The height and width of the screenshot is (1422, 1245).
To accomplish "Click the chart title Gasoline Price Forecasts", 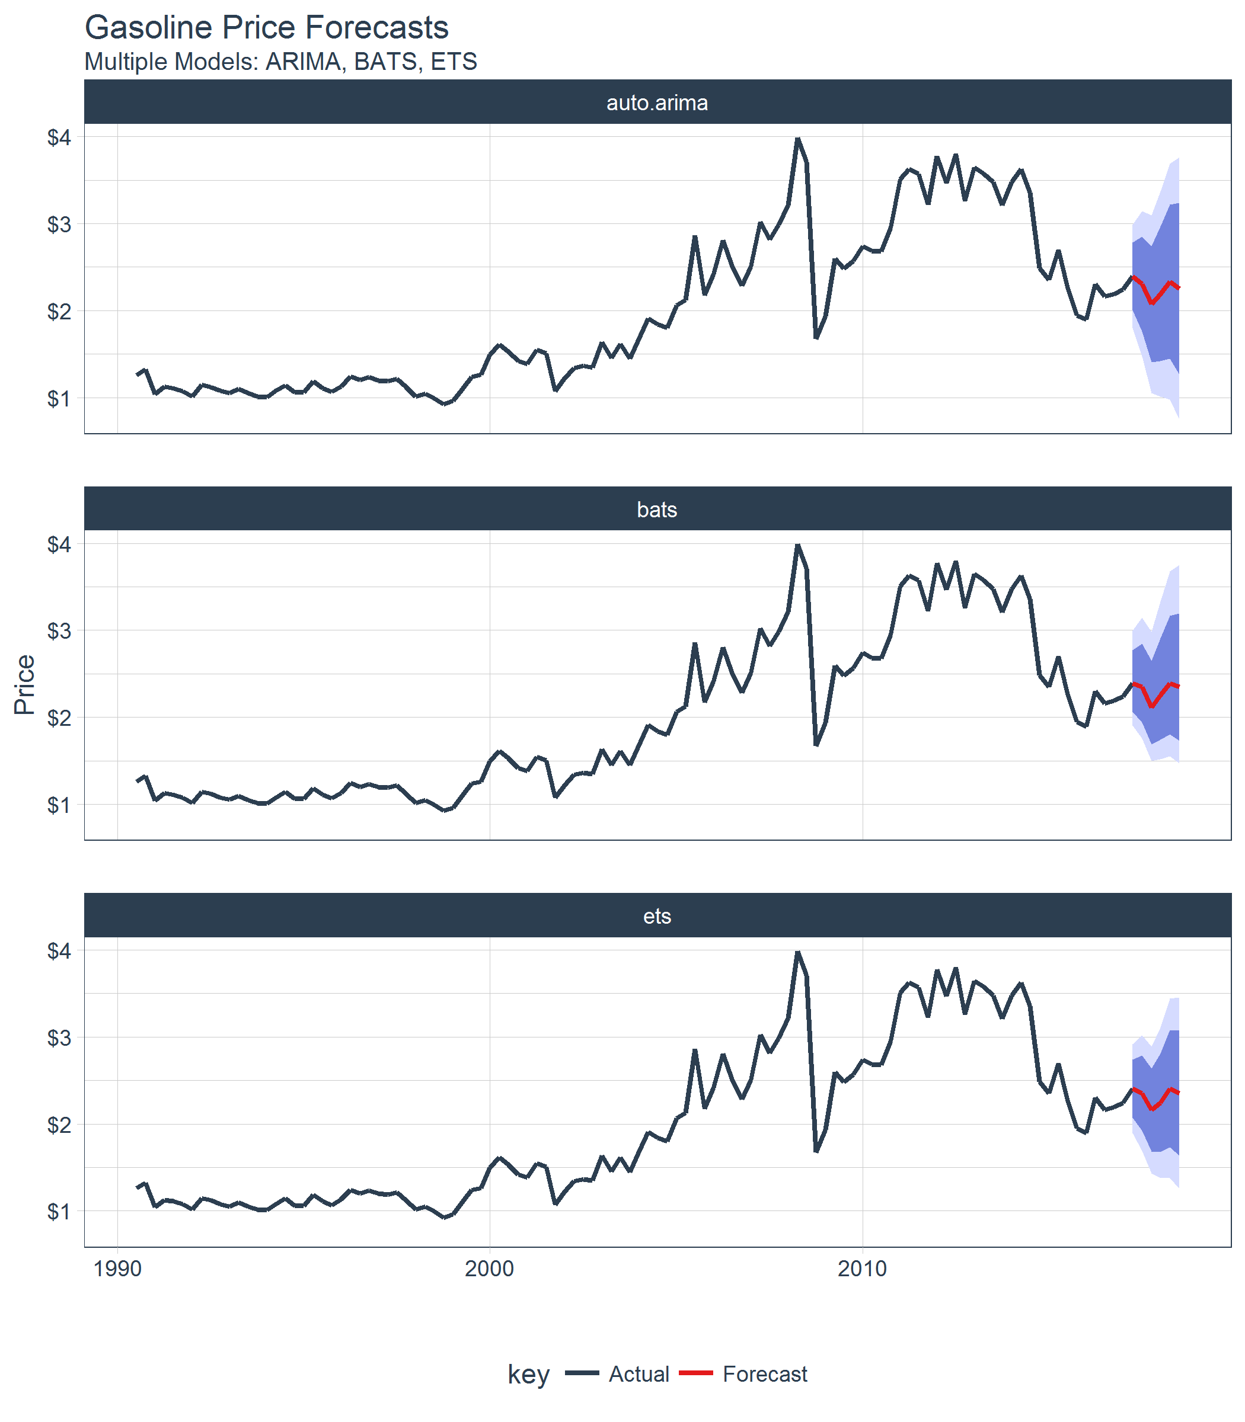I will [x=267, y=28].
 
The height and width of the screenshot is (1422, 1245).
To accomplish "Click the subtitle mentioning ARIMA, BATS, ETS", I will [x=280, y=62].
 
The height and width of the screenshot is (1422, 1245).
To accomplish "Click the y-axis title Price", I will [x=25, y=684].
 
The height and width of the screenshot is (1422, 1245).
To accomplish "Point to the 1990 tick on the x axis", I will [x=117, y=1269].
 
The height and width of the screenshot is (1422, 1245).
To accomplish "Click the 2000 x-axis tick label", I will [x=490, y=1269].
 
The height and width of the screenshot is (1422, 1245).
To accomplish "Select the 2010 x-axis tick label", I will [x=862, y=1269].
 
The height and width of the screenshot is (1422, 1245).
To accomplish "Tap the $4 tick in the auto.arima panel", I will [x=59, y=137].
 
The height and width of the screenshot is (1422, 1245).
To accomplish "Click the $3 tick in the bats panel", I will [x=59, y=631].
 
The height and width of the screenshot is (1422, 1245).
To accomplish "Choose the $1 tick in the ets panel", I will [x=59, y=1212].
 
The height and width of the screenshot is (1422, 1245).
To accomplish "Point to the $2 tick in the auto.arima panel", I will [x=59, y=311].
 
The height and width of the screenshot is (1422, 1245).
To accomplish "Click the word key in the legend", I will [x=529, y=1374].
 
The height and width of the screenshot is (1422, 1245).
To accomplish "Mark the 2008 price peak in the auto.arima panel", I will [x=797, y=140].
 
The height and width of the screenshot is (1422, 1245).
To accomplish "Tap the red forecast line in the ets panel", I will [x=1153, y=1108].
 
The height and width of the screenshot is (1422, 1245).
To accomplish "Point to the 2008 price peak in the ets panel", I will [x=797, y=953].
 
